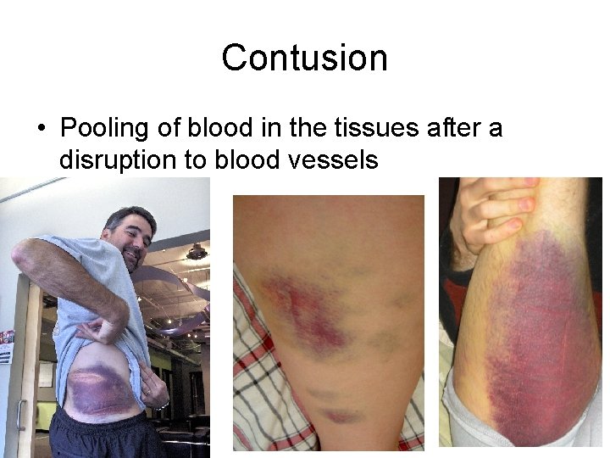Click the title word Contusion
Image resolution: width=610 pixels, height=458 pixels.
click(x=304, y=58)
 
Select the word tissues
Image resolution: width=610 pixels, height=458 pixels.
click(x=378, y=129)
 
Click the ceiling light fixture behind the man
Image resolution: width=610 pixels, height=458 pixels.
click(x=197, y=252)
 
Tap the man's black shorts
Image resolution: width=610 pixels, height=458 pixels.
click(x=102, y=437)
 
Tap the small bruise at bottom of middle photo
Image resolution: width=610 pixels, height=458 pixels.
click(x=340, y=415)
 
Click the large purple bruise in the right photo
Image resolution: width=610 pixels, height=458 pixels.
click(x=530, y=339)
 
